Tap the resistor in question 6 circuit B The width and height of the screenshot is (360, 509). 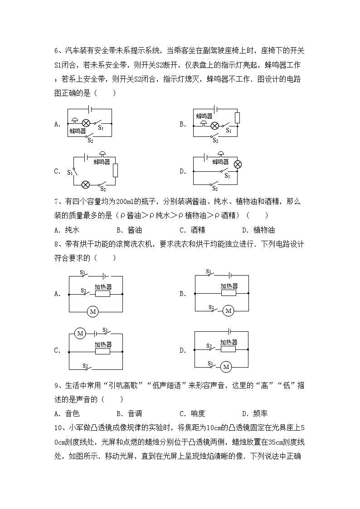click(x=237, y=118)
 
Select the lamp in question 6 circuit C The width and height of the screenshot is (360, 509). click(x=85, y=184)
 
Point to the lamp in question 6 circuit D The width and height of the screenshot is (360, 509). click(x=237, y=164)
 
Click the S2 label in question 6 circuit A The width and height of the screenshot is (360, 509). click(x=90, y=141)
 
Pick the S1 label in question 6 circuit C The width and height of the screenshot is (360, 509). click(x=70, y=172)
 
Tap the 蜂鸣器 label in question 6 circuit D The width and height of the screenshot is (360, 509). click(x=220, y=162)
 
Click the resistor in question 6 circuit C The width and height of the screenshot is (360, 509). click(x=115, y=170)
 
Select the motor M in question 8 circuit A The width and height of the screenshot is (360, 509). click(x=93, y=311)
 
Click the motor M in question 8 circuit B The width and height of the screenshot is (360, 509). click(x=228, y=311)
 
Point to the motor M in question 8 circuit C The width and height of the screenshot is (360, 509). click(x=80, y=334)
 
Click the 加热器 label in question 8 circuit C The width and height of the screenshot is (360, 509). click(x=103, y=344)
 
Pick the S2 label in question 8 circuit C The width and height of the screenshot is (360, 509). click(x=85, y=365)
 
